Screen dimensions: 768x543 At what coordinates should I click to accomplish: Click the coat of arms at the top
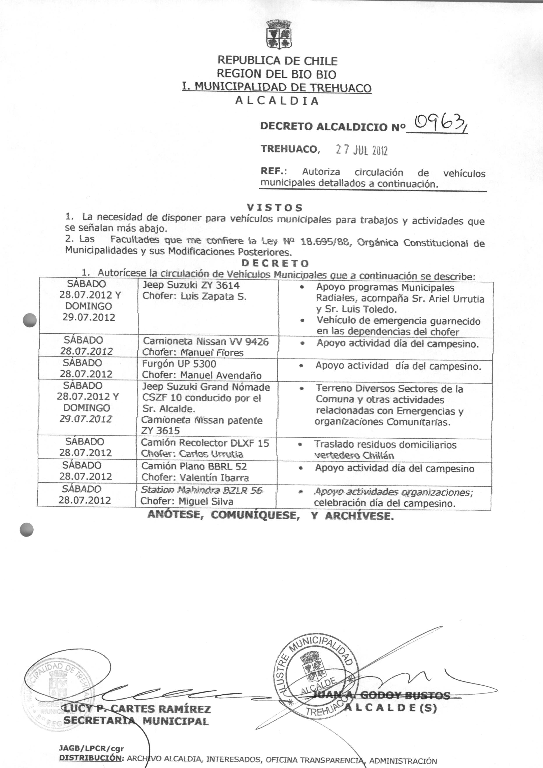(279, 34)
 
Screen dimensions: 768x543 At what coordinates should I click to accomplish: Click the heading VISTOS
(275, 208)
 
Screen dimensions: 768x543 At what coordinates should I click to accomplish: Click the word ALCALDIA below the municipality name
(277, 101)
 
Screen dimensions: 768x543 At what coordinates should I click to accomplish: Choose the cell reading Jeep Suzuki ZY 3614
(191, 285)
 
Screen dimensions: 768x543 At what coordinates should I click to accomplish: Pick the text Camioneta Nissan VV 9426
(206, 341)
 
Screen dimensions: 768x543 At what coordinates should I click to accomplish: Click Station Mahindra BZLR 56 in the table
(202, 490)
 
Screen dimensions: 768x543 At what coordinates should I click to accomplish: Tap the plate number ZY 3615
(160, 431)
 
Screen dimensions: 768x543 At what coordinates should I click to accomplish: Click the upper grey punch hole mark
(30, 320)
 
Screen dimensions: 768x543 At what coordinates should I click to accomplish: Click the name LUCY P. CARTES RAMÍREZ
(137, 709)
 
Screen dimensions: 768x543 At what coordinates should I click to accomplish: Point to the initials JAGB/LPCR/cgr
(91, 748)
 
